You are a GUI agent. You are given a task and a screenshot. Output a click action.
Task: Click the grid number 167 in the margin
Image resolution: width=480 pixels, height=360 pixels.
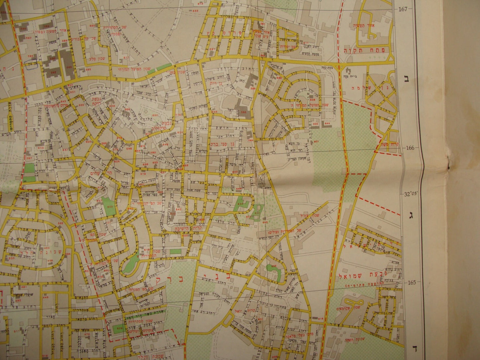point(403,9)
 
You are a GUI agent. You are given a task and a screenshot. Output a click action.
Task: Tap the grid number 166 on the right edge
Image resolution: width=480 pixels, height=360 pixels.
point(410,148)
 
